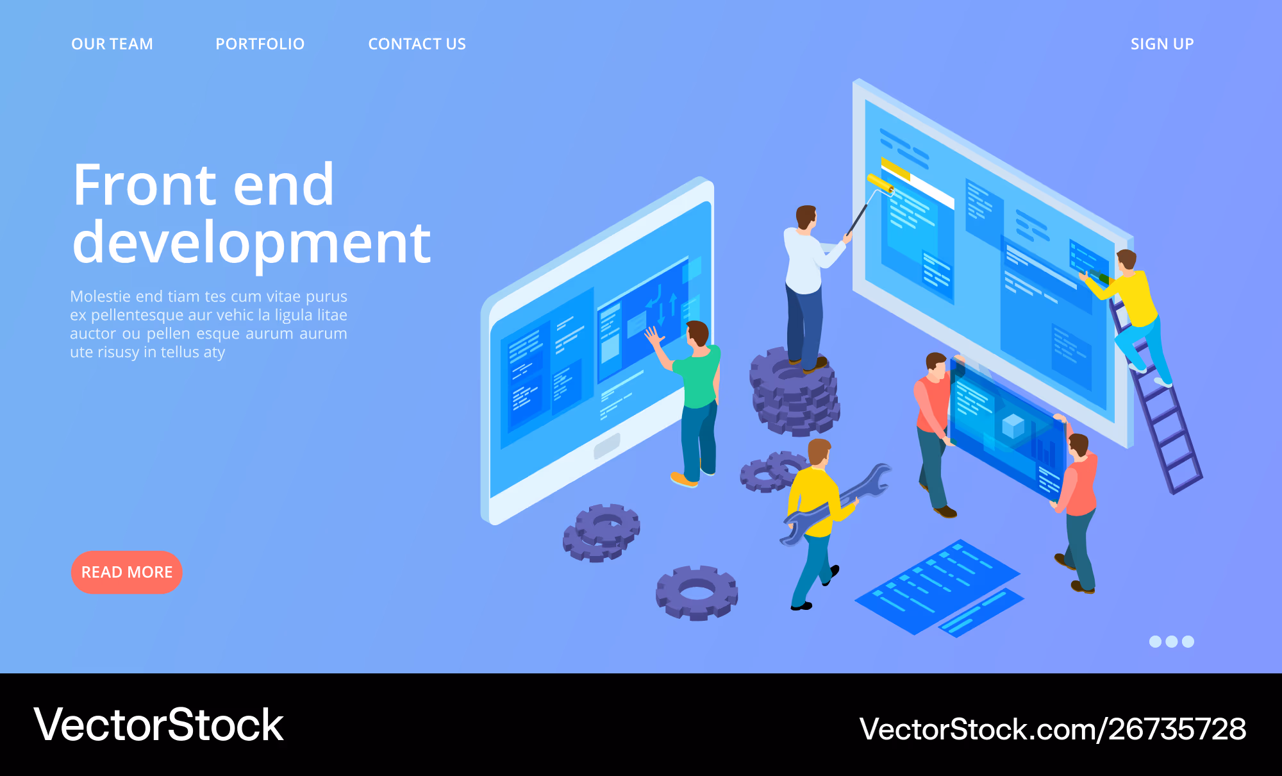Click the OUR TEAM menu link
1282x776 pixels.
(112, 44)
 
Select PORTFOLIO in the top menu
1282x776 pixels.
(260, 44)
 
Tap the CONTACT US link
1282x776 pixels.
(417, 44)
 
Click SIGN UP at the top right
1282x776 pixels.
(1161, 44)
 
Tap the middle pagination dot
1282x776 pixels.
(1172, 641)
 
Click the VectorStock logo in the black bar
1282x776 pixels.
(158, 725)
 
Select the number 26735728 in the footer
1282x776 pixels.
(1178, 729)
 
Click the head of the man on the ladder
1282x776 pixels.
(1126, 260)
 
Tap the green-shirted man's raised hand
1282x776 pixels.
(654, 335)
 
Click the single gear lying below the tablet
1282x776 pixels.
(697, 592)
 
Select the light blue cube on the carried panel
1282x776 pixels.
(1013, 426)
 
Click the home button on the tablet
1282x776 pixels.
(607, 446)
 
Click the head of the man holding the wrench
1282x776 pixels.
(819, 452)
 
